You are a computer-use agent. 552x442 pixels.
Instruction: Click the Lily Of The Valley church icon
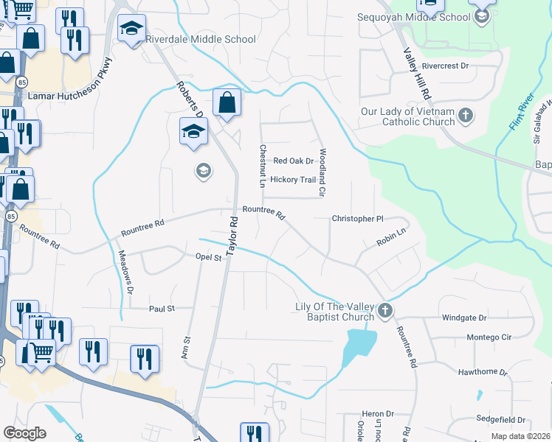[385, 312]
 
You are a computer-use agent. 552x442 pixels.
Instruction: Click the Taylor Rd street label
[232, 236]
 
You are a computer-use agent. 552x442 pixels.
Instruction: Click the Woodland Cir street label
[322, 172]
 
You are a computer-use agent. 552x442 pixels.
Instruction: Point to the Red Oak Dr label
[293, 161]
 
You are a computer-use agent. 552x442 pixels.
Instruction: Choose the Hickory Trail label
[293, 180]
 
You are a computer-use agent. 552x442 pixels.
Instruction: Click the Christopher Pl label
[358, 219]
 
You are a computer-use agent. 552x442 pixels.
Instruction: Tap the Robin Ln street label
[392, 236]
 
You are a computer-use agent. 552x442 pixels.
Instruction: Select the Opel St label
[208, 258]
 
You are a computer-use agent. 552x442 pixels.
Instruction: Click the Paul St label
[161, 309]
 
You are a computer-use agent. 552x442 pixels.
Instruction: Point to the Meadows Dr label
[125, 273]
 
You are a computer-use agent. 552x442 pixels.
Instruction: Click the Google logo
[24, 433]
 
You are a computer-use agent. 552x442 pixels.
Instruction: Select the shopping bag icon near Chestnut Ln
[227, 103]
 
